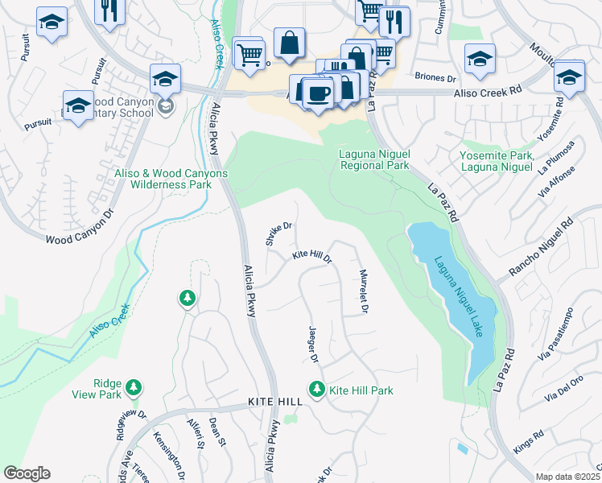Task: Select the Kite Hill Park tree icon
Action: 317,390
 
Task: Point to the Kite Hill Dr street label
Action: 311,256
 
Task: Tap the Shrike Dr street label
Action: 278,234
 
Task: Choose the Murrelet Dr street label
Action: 364,291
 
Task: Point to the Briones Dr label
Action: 435,77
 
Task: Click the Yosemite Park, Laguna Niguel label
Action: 497,161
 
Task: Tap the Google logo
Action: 27,473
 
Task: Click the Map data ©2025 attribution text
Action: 567,477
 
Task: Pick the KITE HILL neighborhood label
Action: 274,401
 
